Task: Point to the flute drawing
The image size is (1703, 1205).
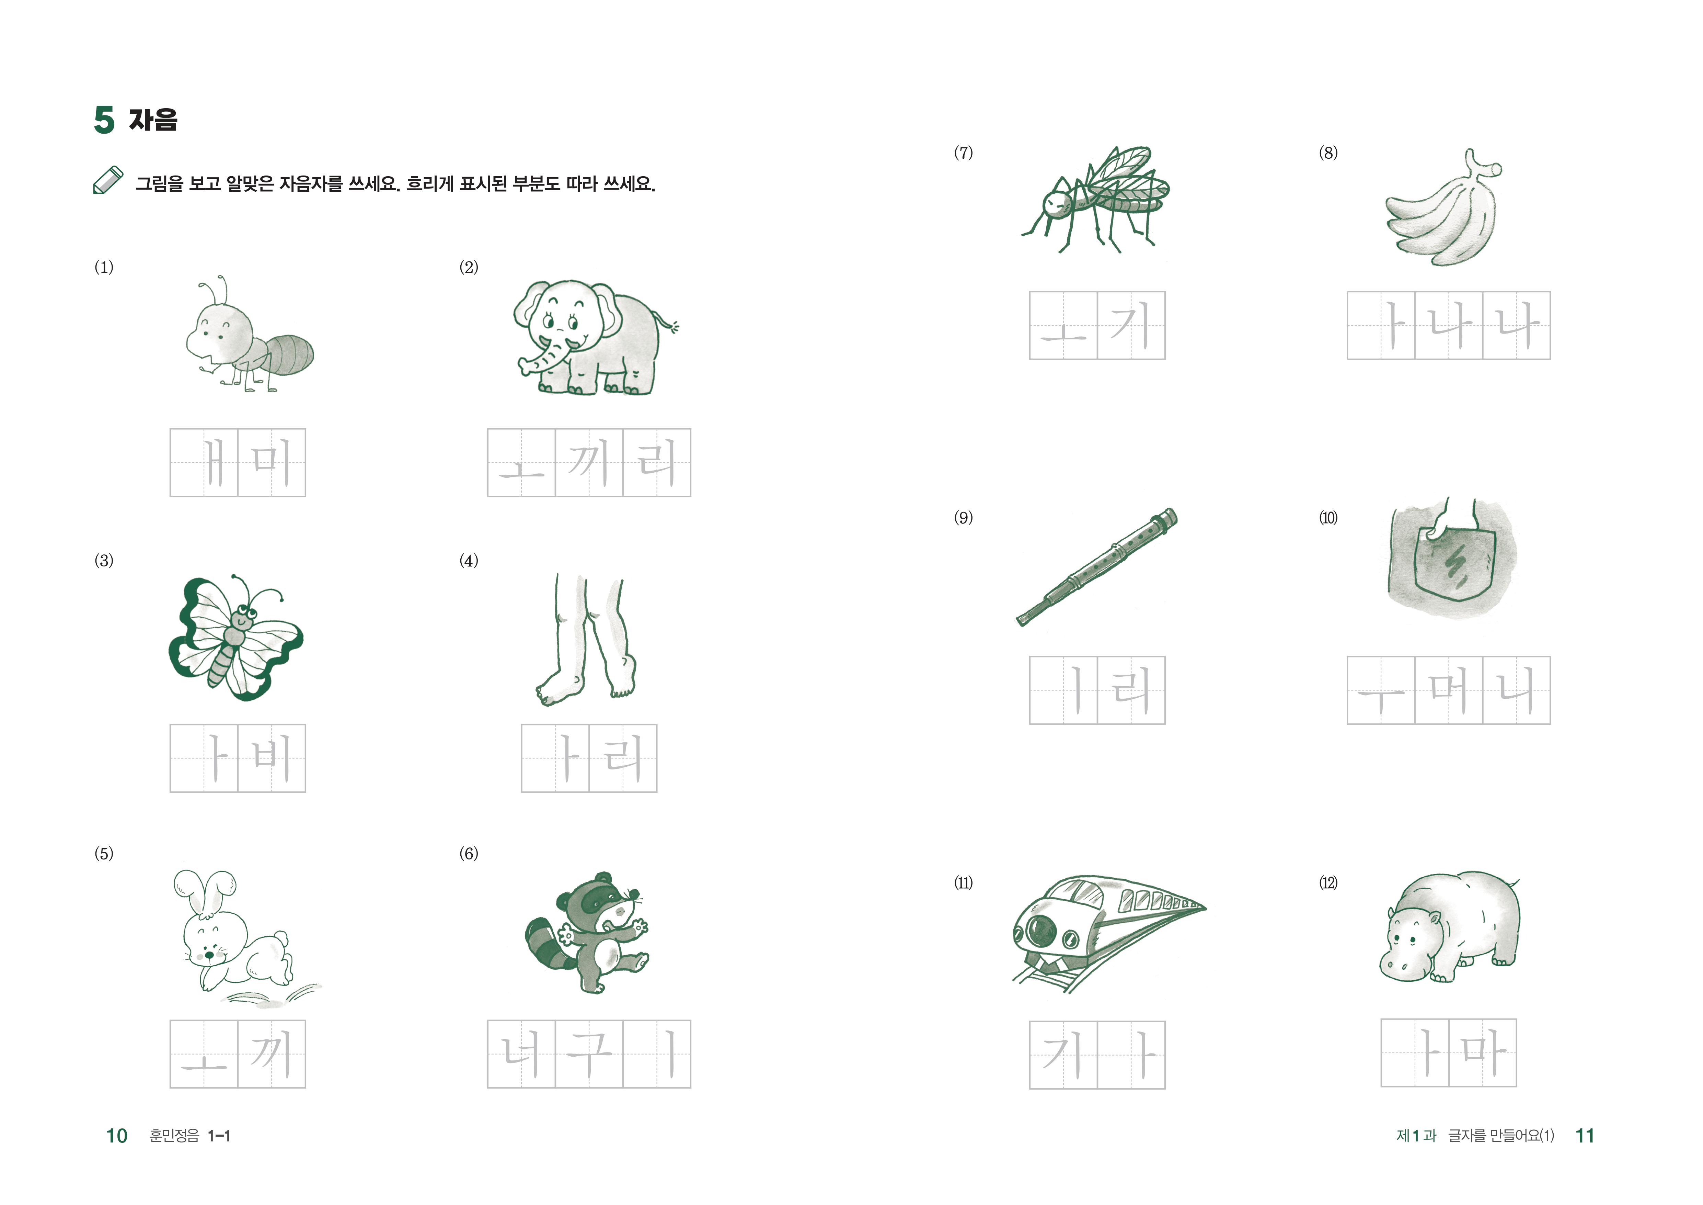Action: tap(1096, 567)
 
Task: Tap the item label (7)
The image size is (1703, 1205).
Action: tap(963, 153)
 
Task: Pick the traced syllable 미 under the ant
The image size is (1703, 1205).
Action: tap(272, 462)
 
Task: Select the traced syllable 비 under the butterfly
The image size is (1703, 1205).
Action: tap(272, 757)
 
